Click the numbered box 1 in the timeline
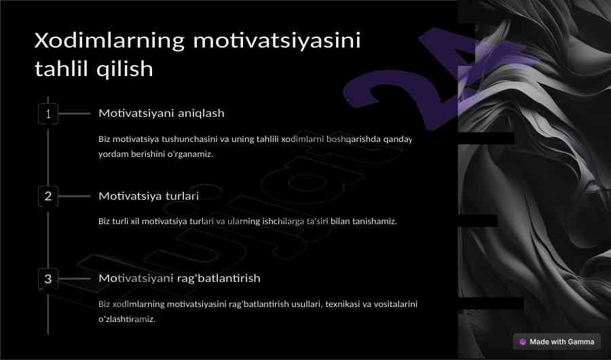tap(48, 114)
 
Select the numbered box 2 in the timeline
tap(48, 196)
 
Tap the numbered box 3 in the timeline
tap(48, 278)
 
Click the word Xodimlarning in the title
tap(109, 40)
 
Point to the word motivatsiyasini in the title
tap(277, 41)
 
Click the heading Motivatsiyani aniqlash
tap(162, 113)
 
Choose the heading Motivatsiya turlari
tap(149, 196)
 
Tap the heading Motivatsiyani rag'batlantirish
tap(179, 278)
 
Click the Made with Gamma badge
tap(557, 342)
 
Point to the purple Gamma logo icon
tap(523, 342)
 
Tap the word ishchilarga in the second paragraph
tap(283, 221)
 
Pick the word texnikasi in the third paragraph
tap(343, 304)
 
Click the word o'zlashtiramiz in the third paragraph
tap(127, 319)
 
